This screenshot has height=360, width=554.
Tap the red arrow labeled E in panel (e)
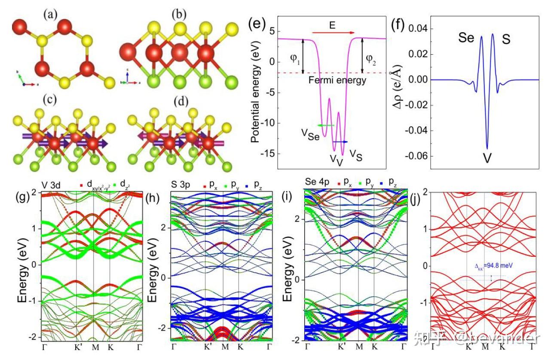[334, 33]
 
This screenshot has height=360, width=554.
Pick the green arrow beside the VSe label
[326, 125]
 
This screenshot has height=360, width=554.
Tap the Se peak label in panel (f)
[466, 38]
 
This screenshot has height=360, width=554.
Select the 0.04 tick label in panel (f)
[418, 29]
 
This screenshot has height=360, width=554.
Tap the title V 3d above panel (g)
[51, 186]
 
